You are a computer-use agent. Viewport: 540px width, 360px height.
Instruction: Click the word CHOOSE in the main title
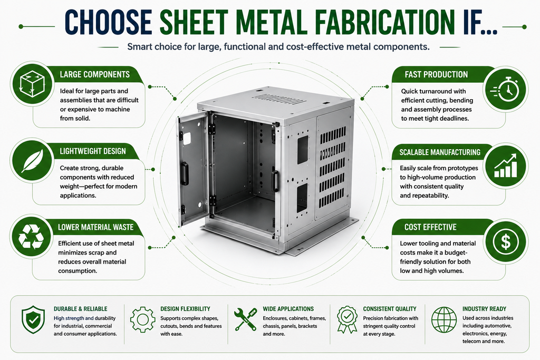point(108,22)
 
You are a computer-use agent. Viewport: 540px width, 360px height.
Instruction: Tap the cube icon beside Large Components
point(32,83)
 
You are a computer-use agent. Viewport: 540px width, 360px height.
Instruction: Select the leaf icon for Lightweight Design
point(32,160)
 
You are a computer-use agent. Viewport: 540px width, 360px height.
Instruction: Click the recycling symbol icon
point(31,237)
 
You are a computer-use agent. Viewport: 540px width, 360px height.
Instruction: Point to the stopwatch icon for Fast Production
point(505,89)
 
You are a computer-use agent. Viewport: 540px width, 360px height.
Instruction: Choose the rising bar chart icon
point(506,166)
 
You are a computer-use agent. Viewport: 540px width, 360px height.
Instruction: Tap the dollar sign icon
point(506,241)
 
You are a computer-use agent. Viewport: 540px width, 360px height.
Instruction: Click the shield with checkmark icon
point(33,319)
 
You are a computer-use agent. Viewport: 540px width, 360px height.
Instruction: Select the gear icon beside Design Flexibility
point(142,319)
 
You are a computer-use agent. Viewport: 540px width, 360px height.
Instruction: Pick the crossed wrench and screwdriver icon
point(245,319)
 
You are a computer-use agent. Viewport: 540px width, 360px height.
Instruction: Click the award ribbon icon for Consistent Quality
point(347,319)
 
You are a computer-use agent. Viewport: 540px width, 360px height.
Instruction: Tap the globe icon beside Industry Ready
point(444,320)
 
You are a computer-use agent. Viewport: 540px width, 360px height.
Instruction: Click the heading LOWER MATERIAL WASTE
point(96,227)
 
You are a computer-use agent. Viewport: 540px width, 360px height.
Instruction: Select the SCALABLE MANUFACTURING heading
point(440,152)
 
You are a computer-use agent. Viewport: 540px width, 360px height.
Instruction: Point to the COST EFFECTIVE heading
point(430,227)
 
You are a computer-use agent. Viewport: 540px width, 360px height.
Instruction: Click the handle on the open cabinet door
point(185,173)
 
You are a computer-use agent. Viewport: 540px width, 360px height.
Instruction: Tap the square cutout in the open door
point(187,139)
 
